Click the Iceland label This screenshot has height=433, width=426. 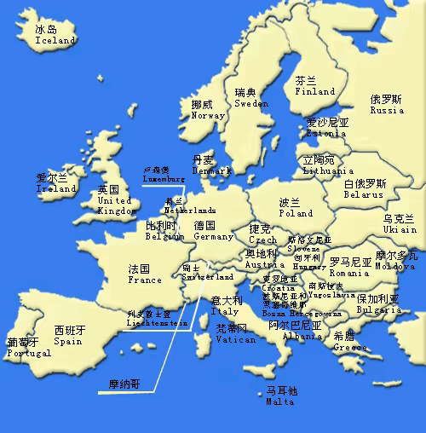(55, 40)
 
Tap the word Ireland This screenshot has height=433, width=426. (56, 188)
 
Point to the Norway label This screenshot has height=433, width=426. (208, 115)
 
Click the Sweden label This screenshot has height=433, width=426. (251, 103)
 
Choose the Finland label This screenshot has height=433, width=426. (314, 91)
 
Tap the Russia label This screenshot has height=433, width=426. (387, 110)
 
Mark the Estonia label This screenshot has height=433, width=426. (327, 133)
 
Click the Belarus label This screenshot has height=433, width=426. (364, 194)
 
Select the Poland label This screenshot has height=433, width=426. (296, 213)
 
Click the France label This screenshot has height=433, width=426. (145, 280)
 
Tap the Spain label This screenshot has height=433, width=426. (68, 341)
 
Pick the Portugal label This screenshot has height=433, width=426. (28, 353)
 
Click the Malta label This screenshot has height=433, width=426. (280, 401)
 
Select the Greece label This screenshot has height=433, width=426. (350, 347)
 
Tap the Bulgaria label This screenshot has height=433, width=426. (377, 310)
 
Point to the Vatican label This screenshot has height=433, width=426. (235, 339)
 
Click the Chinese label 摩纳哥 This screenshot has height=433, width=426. (124, 384)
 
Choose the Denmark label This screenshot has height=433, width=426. (211, 170)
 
